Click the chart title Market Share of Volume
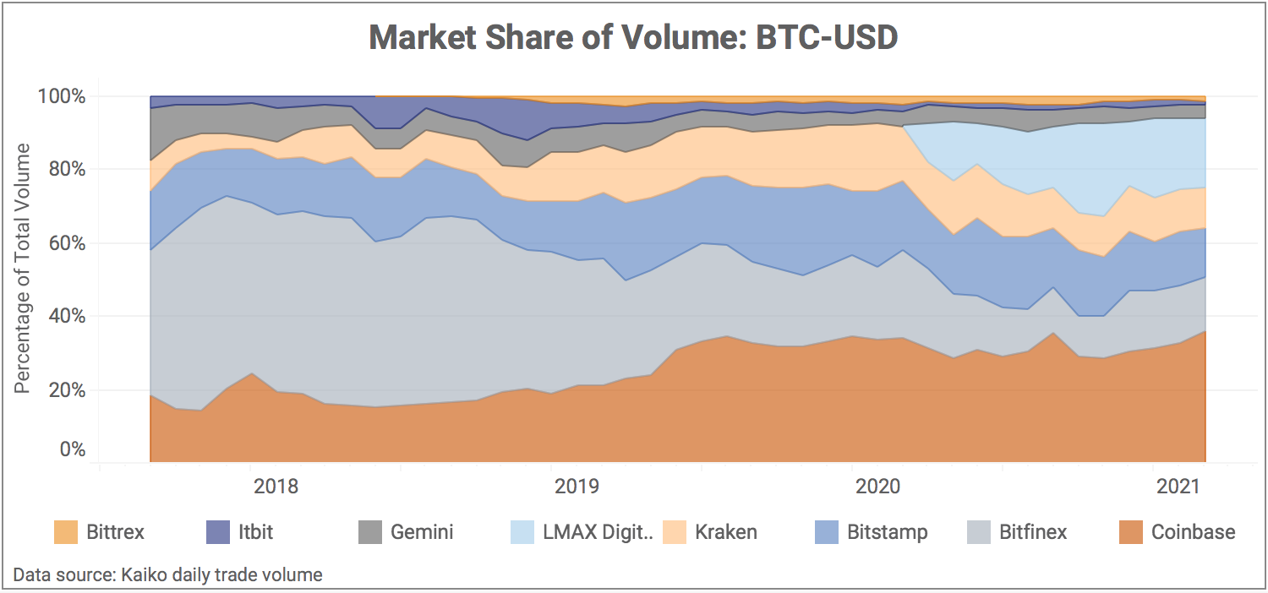(633, 38)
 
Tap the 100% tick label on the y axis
(62, 96)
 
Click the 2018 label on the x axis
(276, 487)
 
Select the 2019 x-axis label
(577, 487)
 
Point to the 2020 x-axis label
(878, 487)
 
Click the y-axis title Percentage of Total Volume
(23, 269)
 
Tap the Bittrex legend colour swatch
(65, 532)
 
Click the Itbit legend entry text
(255, 532)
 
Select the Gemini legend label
(422, 532)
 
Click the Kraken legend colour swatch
(674, 532)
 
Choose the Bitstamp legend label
(888, 532)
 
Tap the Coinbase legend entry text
(1193, 532)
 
